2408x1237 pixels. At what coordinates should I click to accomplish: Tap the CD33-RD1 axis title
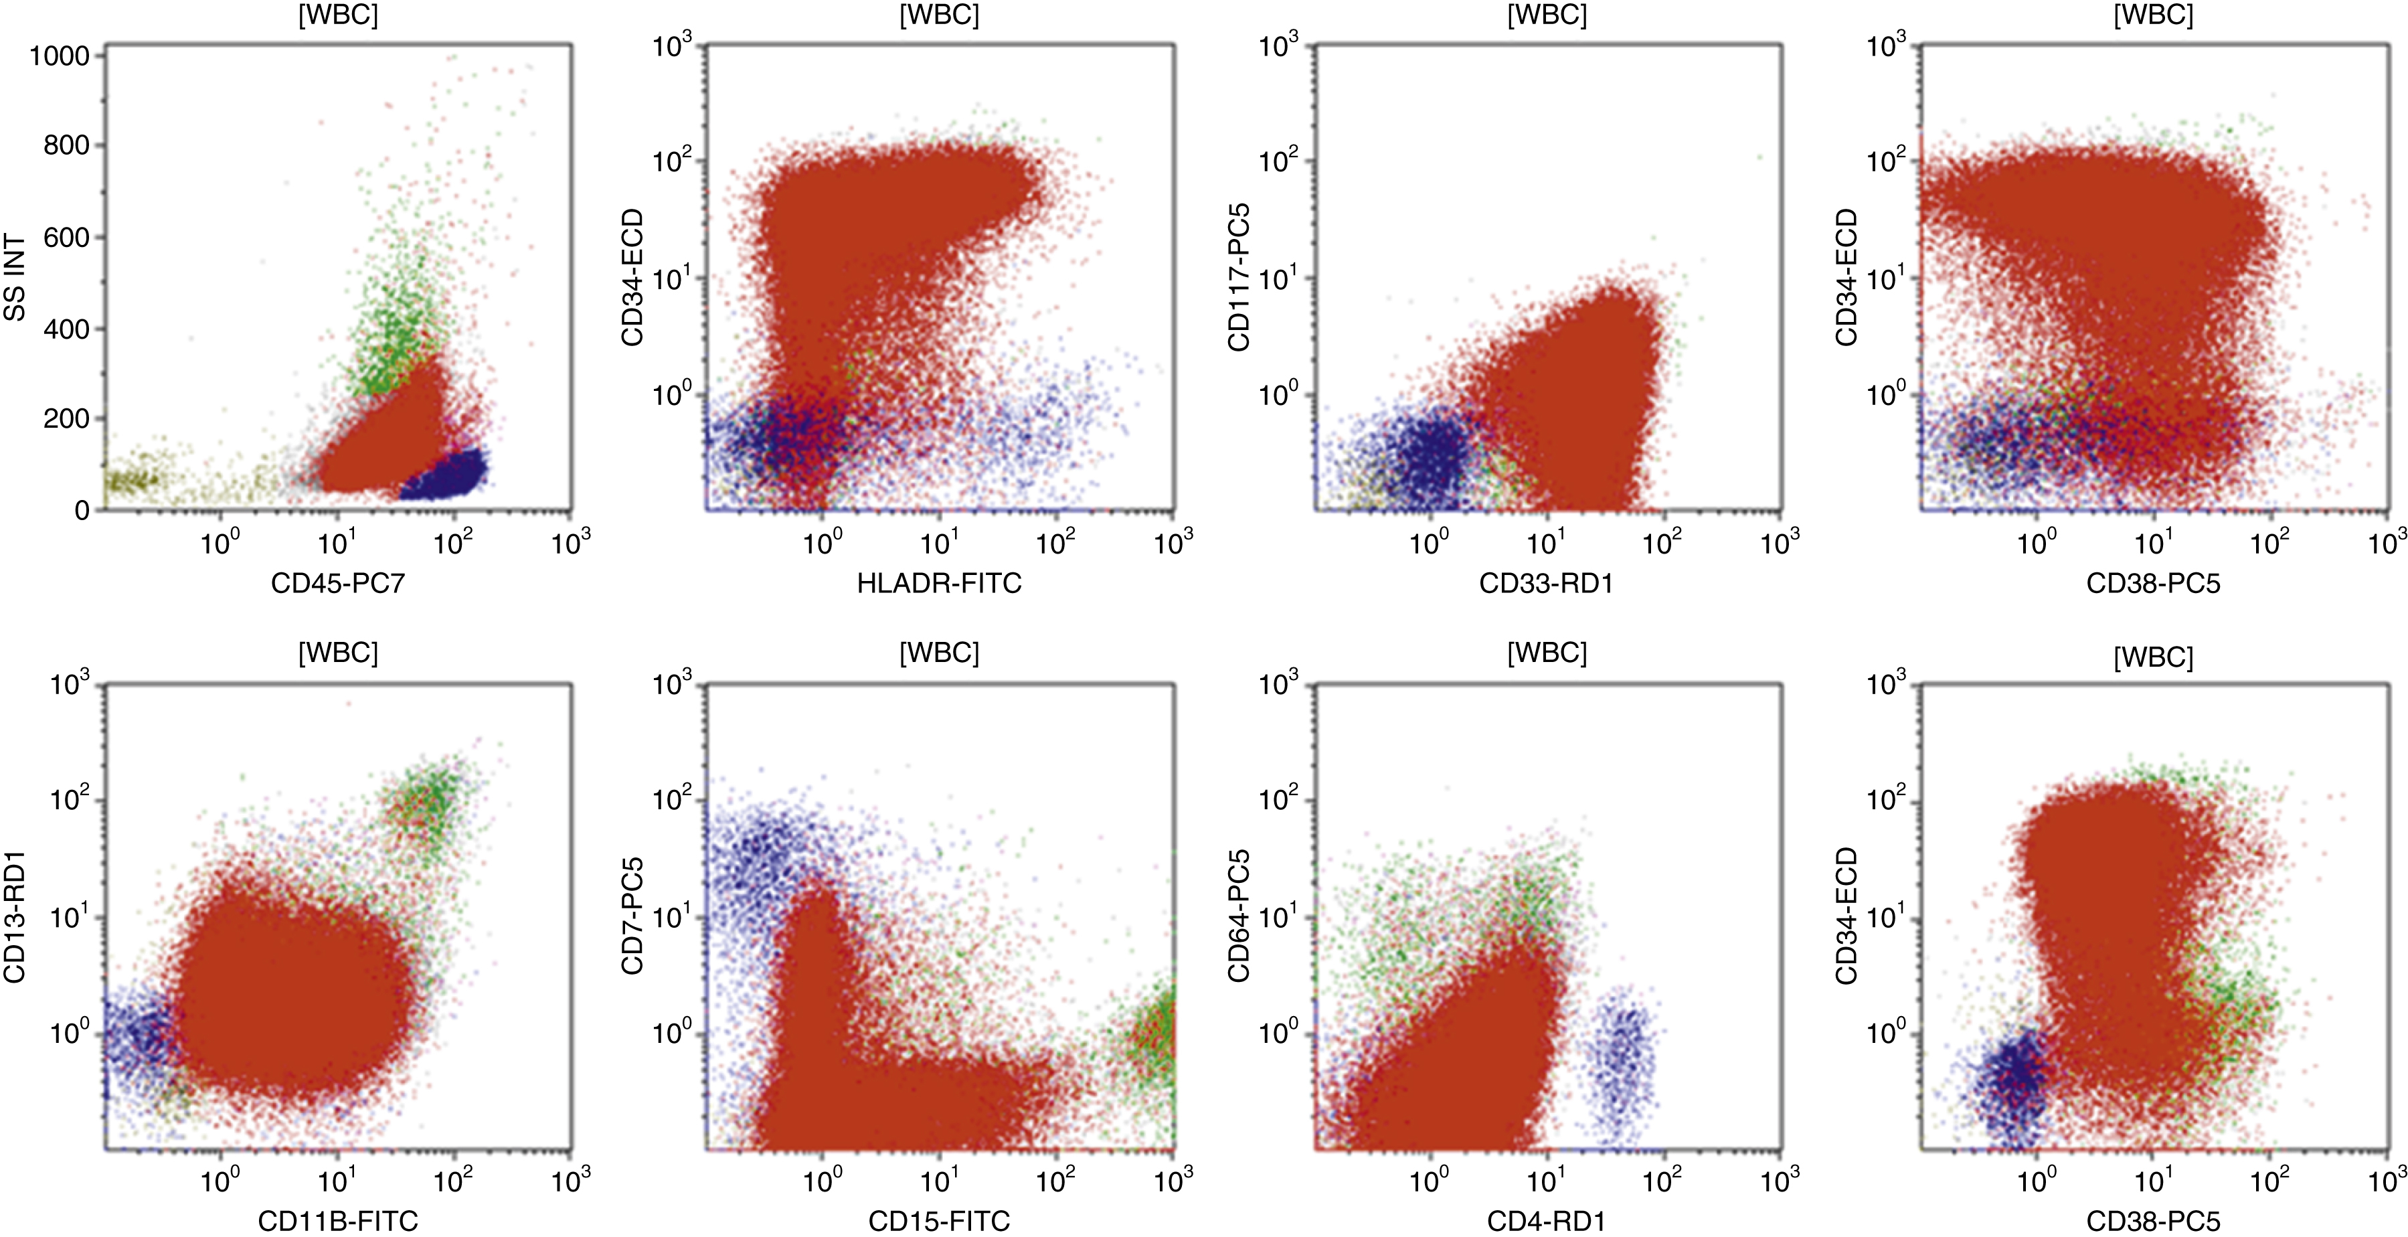[x=1546, y=584]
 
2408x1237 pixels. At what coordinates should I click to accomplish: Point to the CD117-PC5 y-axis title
[x=1239, y=278]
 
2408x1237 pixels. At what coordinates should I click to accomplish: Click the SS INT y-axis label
[x=15, y=278]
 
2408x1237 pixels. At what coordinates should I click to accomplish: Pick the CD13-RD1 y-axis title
[x=15, y=917]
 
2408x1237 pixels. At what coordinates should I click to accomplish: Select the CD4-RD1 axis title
[x=1546, y=1220]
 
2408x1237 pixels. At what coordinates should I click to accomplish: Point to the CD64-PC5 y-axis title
[x=1239, y=917]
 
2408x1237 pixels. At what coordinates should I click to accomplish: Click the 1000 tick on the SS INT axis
[x=60, y=56]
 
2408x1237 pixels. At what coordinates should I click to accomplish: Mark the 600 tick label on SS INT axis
[x=66, y=238]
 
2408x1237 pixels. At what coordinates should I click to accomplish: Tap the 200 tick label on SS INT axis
[x=66, y=419]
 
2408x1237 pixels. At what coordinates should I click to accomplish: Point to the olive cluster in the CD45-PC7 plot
[x=131, y=481]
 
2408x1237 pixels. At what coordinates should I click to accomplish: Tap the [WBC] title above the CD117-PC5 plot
[x=1546, y=16]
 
